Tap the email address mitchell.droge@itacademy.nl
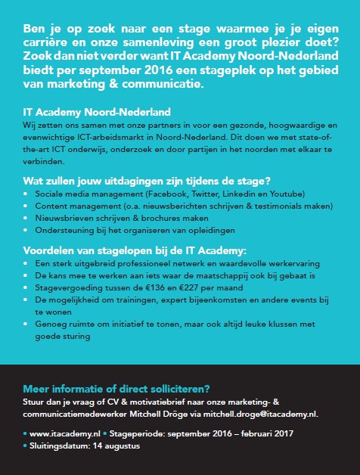click(x=274, y=414)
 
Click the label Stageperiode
click(x=136, y=435)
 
